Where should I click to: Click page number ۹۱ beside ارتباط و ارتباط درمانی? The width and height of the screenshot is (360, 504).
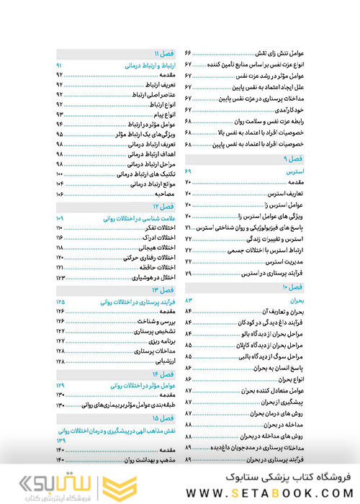click(x=60, y=66)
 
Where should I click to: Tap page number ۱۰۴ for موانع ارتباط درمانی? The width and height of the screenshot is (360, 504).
click(x=60, y=184)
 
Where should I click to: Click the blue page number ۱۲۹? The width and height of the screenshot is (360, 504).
click(x=60, y=387)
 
